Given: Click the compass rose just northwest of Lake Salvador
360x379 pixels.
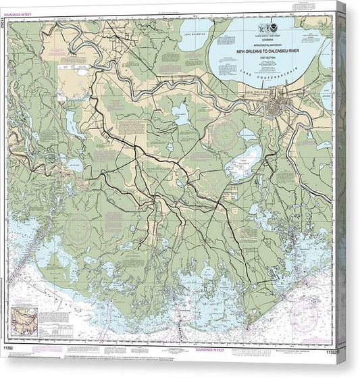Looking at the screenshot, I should pyautogui.click(x=223, y=130).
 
